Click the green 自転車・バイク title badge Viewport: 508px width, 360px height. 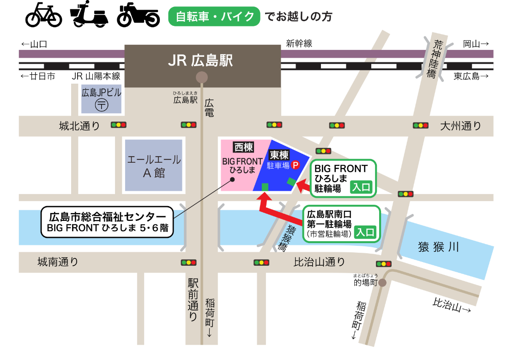coord(214,17)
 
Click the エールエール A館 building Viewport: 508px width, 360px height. coord(154,166)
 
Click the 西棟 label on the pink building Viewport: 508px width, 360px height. coord(243,147)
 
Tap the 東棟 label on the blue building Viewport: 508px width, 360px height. coord(279,155)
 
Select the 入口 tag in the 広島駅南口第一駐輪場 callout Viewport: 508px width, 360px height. coord(365,232)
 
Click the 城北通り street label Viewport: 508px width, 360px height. coord(79,126)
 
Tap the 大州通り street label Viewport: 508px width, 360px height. coord(460,126)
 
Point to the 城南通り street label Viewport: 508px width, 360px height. coord(58,262)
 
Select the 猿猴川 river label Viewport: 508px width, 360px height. coord(438,247)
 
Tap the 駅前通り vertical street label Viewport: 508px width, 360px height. coord(193,299)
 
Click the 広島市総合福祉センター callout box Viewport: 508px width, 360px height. coord(107,222)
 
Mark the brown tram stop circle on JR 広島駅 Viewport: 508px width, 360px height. coord(201,77)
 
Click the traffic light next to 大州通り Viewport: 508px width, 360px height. coord(420,125)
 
